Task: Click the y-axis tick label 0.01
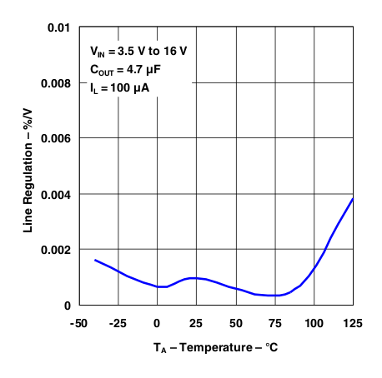(x=58, y=27)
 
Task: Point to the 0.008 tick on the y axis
(x=54, y=83)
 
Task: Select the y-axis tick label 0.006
(x=54, y=138)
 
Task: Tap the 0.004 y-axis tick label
(x=54, y=194)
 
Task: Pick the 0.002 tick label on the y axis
(x=54, y=250)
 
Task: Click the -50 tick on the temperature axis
(x=79, y=323)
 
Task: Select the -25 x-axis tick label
(x=118, y=323)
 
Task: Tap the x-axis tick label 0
(x=158, y=323)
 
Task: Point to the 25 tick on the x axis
(x=197, y=323)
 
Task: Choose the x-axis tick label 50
(x=236, y=323)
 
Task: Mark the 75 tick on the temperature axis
(x=275, y=323)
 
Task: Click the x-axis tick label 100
(x=314, y=323)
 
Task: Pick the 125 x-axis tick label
(x=353, y=323)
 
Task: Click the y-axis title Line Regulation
(x=28, y=167)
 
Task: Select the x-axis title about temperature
(x=215, y=346)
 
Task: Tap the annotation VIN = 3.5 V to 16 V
(x=138, y=51)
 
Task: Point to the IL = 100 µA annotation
(x=121, y=87)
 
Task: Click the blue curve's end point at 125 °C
(x=354, y=198)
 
